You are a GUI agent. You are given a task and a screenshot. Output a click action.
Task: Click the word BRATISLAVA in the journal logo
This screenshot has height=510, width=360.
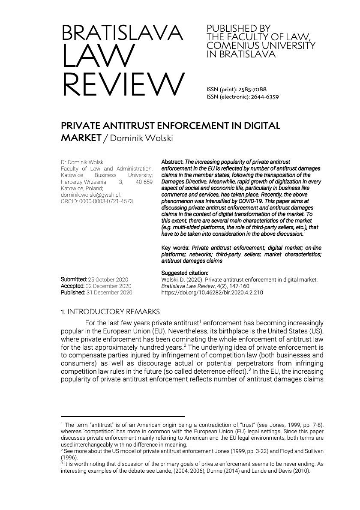(x=122, y=33)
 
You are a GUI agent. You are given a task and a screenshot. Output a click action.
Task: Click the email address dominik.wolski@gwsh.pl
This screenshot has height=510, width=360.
(x=90, y=194)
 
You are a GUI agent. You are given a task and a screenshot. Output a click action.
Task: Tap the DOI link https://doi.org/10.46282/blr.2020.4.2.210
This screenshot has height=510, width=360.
(x=212, y=292)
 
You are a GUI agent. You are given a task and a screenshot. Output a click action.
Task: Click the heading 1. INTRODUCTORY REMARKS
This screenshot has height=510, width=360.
(x=111, y=312)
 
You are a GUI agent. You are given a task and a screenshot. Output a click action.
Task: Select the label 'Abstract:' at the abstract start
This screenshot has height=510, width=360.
(x=172, y=162)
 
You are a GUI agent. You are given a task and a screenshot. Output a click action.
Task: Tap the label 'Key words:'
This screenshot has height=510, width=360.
(x=175, y=248)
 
